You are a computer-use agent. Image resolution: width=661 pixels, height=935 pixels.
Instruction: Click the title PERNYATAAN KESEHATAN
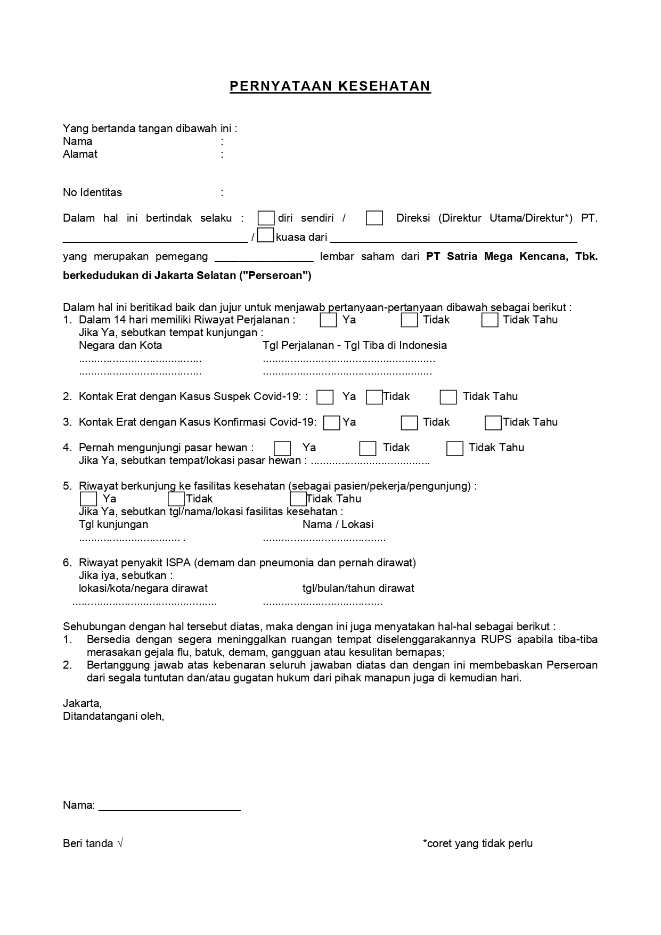pos(330,86)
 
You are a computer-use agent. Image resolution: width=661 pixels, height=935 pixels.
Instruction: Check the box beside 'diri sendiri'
pos(266,218)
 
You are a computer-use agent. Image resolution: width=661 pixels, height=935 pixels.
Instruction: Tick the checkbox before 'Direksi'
pos(374,218)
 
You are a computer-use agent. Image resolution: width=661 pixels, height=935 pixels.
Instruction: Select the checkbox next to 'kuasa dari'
pos(265,235)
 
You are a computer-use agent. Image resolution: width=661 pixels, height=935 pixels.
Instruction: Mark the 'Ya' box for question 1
pos(328,320)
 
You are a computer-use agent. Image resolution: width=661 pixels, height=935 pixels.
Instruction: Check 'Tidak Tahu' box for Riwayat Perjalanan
pos(489,320)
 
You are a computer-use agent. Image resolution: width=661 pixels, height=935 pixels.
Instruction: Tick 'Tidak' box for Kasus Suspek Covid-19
pos(374,397)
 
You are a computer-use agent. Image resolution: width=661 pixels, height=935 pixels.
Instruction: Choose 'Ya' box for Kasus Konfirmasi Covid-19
pos(332,422)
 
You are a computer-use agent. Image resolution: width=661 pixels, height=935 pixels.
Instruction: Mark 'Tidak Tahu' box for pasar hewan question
pos(454,449)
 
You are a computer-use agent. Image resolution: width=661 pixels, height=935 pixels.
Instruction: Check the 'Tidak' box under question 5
pos(176,499)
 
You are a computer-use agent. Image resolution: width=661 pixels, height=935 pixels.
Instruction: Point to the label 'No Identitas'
pos(92,192)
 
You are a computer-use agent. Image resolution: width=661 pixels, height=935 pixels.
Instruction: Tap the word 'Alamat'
pos(80,154)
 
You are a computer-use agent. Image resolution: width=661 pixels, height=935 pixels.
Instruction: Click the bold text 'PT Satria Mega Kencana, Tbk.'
pos(511,256)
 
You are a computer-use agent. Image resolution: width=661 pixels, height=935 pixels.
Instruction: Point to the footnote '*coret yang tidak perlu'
pos(477,843)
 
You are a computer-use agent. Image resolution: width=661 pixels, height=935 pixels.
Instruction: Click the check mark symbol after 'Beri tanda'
pos(120,843)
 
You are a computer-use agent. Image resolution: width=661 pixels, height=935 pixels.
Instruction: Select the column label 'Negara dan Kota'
pos(120,345)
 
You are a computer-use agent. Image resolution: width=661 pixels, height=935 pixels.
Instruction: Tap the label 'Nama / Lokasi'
pos(338,524)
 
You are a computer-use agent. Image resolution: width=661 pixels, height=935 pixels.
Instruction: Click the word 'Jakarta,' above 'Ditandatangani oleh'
pos(82,703)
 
